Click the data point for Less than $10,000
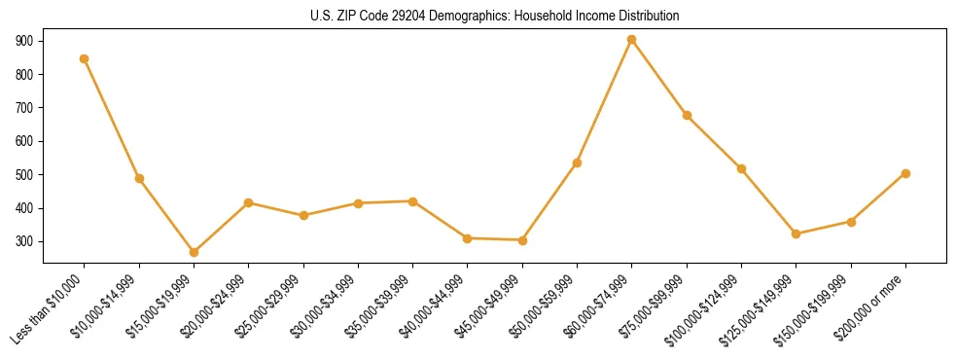(x=85, y=58)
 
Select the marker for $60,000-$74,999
(x=632, y=40)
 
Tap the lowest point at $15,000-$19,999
(x=194, y=252)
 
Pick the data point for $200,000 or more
(x=905, y=173)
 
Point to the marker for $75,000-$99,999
(x=687, y=115)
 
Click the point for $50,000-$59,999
(x=577, y=162)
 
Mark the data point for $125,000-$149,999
(x=797, y=234)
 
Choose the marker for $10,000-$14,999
(x=139, y=178)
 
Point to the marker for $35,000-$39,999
(x=412, y=201)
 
